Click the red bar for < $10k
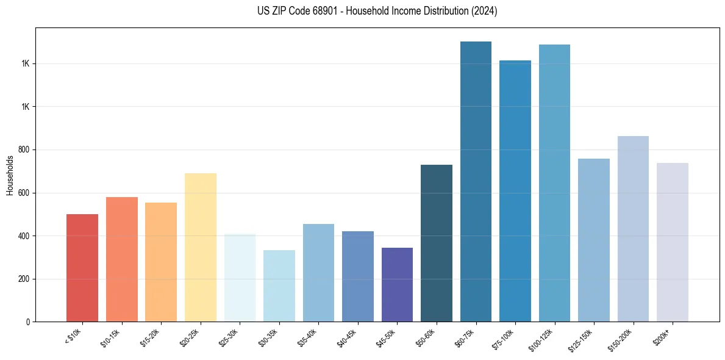point(82,268)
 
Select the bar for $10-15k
point(121,259)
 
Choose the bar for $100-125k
point(554,183)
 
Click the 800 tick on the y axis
point(24,150)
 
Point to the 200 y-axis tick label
point(24,279)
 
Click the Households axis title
point(10,175)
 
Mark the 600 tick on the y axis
point(24,193)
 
